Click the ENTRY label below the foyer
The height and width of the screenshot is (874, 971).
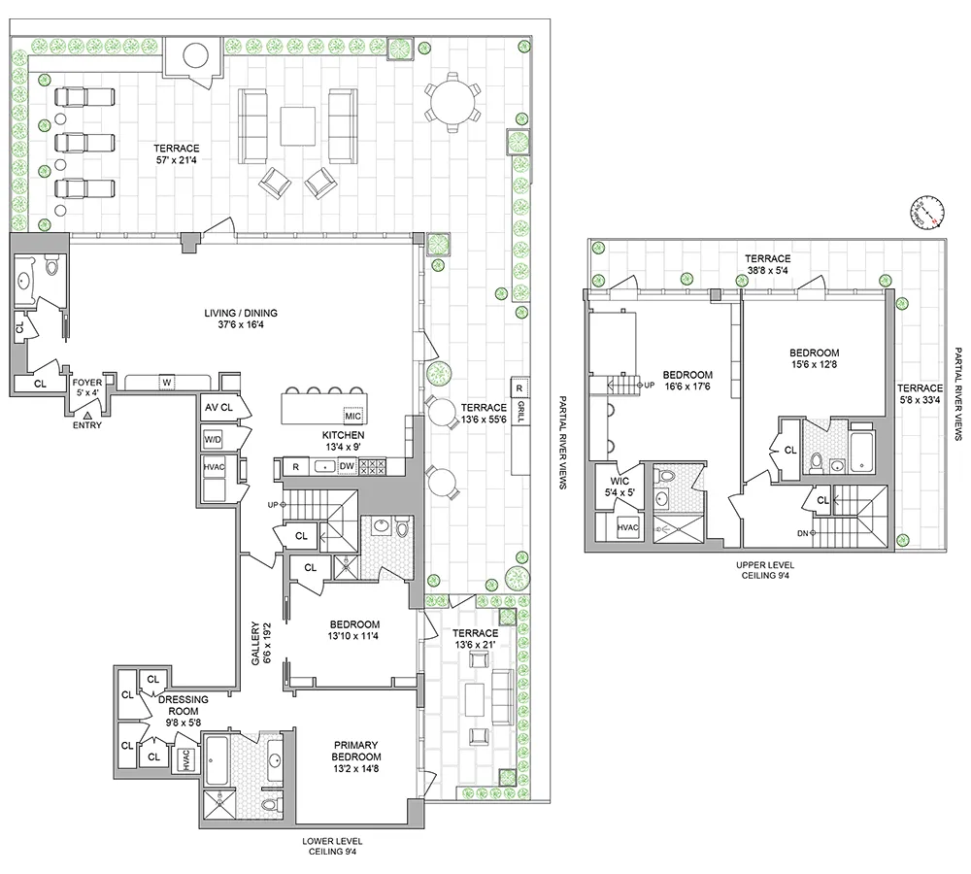[x=86, y=424]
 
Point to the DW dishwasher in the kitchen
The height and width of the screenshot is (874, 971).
[x=347, y=466]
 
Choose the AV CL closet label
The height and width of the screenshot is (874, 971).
[x=218, y=408]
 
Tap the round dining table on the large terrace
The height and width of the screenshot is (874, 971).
[x=452, y=99]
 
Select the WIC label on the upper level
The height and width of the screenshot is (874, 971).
[x=620, y=487]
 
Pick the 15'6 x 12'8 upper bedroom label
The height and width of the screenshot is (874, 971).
[x=815, y=359]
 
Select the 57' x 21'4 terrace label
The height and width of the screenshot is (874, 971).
[x=177, y=154]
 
